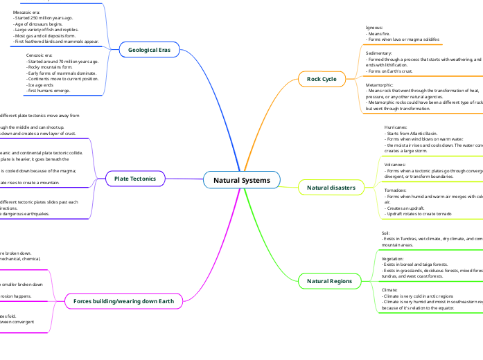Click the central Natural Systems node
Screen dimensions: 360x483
tap(242, 181)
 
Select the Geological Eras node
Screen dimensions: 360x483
tap(149, 50)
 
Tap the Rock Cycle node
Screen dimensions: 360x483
tap(322, 79)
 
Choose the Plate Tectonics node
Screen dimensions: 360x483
tap(135, 179)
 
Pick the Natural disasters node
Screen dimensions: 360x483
tap(331, 188)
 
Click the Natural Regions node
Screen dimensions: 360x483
tap(329, 281)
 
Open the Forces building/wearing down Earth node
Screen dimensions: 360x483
tap(123, 301)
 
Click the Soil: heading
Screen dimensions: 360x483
tap(386, 233)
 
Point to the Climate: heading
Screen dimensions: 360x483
tap(389, 289)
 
